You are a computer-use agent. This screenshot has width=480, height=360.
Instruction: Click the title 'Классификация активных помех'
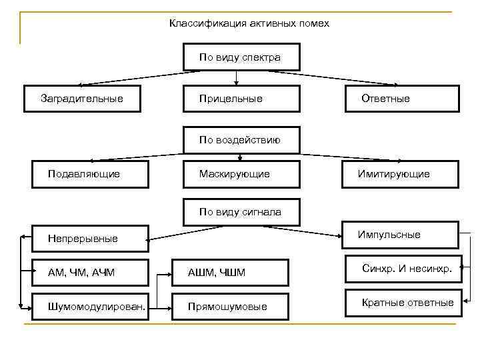[249, 23]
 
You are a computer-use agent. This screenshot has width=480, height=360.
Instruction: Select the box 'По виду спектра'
[240, 57]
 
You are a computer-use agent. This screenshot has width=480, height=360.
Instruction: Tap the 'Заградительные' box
[83, 99]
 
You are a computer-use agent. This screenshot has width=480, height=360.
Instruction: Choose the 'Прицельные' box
[240, 99]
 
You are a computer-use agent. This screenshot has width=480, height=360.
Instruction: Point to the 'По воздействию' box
[240, 140]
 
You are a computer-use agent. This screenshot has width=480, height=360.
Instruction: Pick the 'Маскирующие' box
[240, 174]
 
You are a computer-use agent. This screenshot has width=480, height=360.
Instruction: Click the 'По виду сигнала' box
[240, 212]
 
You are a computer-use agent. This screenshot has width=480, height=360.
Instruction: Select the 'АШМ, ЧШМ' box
[230, 272]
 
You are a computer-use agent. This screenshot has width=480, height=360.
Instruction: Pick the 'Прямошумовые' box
[230, 306]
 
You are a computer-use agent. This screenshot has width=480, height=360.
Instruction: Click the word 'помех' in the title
[315, 23]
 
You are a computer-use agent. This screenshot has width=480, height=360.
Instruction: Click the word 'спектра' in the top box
[263, 57]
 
